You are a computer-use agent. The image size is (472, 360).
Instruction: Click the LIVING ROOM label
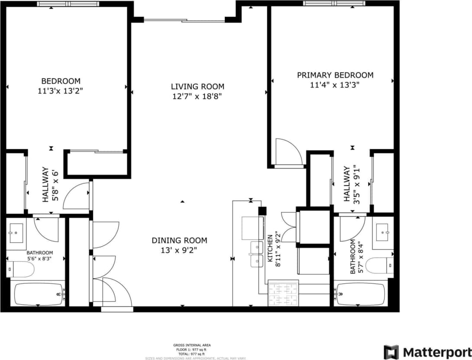[197, 87]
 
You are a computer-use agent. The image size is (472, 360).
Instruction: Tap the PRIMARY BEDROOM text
[335, 75]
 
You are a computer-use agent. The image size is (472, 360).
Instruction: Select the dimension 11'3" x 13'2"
[61, 91]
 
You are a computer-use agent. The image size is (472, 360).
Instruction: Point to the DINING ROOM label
[179, 241]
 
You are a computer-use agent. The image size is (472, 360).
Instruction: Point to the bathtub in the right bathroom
[361, 294]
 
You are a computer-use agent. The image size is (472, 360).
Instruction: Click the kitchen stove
[283, 293]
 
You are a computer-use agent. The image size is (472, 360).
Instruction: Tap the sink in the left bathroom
[16, 233]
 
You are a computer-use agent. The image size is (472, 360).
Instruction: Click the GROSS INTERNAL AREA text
[192, 345]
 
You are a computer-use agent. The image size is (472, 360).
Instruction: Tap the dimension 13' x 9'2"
[179, 250]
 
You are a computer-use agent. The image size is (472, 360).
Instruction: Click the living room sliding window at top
[184, 20]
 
